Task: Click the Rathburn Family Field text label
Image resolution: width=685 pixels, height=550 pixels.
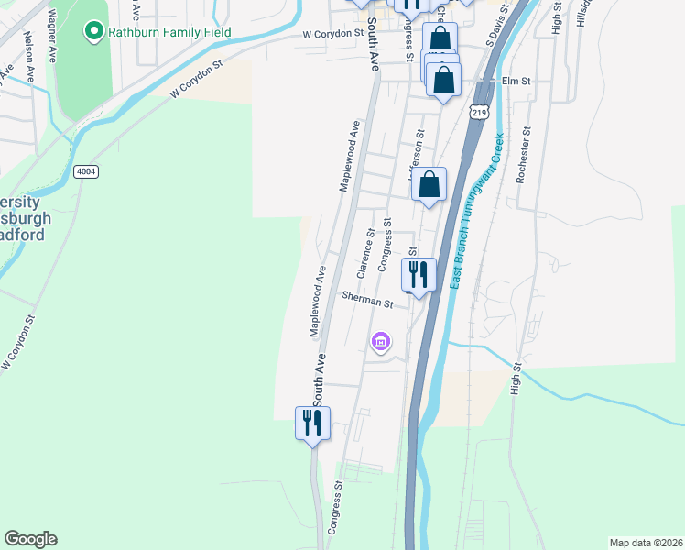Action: tap(169, 33)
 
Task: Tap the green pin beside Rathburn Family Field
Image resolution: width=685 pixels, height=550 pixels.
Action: tap(93, 33)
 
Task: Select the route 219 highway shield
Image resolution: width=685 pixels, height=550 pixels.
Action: tap(479, 112)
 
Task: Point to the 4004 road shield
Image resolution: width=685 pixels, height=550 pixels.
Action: tap(86, 171)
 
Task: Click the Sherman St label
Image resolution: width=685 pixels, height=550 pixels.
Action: tap(367, 299)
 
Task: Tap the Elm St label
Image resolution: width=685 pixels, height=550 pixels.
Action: tap(516, 82)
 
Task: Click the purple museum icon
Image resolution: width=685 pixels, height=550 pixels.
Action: tap(381, 343)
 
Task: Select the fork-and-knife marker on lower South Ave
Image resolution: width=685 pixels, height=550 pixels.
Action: tap(312, 423)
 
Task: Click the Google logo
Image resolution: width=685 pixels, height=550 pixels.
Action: tap(30, 539)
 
